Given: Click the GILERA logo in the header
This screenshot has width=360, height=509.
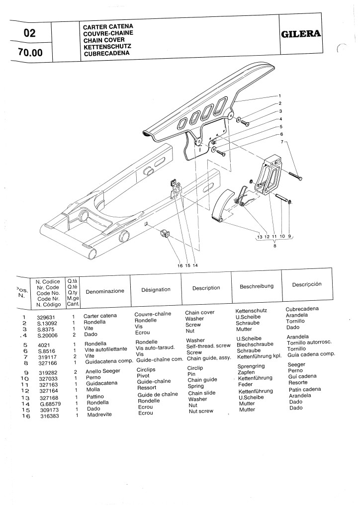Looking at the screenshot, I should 301,34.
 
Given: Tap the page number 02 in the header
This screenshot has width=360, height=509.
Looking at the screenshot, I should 30,34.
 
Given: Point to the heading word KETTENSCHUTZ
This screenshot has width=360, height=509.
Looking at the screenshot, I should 107,46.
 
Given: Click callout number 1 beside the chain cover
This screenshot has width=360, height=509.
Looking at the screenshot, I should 279,95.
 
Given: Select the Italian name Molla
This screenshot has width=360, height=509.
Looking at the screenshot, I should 93,390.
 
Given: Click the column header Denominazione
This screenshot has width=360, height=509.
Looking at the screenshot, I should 105,291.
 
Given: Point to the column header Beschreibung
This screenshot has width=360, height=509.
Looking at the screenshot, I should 257,286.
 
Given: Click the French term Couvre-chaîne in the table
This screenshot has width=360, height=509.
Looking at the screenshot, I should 153,314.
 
